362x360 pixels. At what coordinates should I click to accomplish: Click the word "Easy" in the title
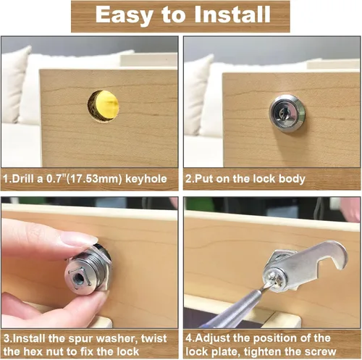coord(125,15)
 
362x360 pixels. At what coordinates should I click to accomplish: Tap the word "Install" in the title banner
coord(232,14)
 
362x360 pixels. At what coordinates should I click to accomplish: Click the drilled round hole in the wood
coord(104,106)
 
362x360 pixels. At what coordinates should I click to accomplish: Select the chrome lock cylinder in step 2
coord(287,114)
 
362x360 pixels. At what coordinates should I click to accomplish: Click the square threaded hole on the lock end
coord(80,280)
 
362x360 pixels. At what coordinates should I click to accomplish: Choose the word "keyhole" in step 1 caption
coord(146,179)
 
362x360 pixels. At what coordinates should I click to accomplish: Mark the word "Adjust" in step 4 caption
coord(213,339)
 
